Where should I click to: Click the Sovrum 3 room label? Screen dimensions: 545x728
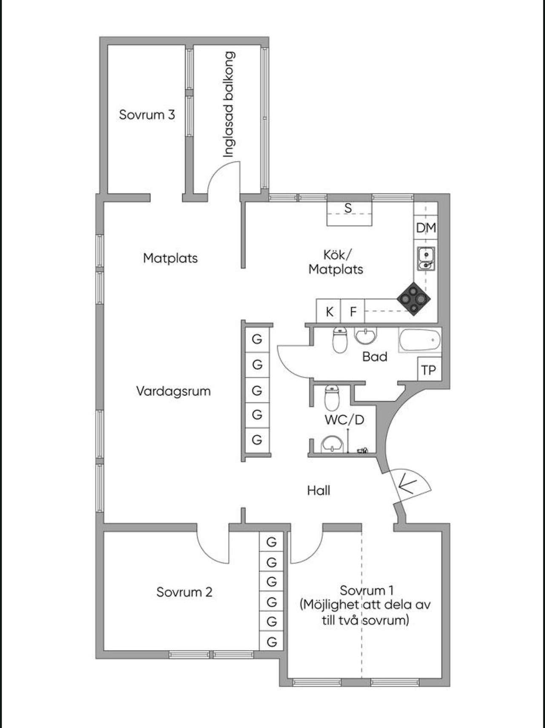(147, 114)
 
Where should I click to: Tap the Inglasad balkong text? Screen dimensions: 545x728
(229, 104)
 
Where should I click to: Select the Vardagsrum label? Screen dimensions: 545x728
(173, 391)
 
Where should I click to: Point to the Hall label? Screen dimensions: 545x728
(318, 491)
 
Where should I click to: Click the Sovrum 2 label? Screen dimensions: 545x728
(184, 592)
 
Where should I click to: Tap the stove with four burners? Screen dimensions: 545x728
(413, 299)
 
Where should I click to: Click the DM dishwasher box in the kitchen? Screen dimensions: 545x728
(426, 228)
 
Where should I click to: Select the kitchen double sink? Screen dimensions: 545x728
(426, 259)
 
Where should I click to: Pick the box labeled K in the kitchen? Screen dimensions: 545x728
(329, 311)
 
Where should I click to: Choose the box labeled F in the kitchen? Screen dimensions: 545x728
(353, 311)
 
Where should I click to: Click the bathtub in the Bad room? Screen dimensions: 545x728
(420, 340)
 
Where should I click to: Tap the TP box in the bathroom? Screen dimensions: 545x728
(429, 370)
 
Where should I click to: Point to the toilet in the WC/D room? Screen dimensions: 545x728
(332, 397)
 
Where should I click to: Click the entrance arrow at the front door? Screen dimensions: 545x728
(407, 484)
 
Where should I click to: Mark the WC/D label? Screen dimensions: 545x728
(344, 420)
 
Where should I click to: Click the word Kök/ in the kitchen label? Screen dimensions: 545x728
(337, 254)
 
